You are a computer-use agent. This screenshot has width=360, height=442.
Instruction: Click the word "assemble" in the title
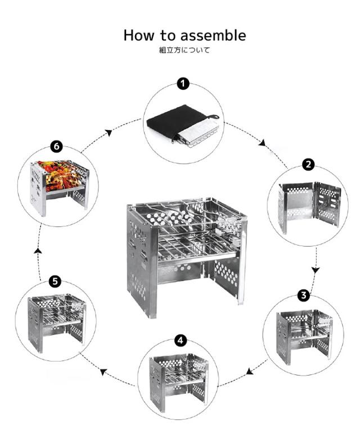click(x=213, y=36)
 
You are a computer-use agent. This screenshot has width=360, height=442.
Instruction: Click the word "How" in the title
click(x=139, y=36)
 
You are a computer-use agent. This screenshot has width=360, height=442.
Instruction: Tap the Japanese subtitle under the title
click(x=185, y=51)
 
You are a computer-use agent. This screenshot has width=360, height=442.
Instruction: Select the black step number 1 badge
click(x=183, y=84)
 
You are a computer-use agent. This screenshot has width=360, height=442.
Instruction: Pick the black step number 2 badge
click(x=308, y=164)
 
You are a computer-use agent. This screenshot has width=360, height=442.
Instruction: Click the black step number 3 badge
click(x=304, y=295)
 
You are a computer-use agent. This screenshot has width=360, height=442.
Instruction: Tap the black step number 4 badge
click(x=181, y=340)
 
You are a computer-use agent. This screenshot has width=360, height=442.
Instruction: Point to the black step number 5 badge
click(x=55, y=282)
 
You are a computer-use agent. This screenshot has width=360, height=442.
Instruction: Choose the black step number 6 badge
click(x=57, y=146)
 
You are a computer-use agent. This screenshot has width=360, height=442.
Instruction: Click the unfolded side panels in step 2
click(x=309, y=207)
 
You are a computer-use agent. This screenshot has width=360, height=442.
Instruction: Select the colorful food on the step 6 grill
click(x=61, y=175)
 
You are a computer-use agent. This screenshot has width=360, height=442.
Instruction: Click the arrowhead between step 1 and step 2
click(x=263, y=142)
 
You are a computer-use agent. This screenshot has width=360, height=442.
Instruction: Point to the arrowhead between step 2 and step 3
click(x=316, y=270)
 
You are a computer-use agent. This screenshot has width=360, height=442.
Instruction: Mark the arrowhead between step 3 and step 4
click(x=249, y=372)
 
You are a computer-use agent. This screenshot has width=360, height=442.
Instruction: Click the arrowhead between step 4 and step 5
click(x=103, y=372)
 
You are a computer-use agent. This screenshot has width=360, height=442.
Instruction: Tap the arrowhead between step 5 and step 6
click(x=38, y=251)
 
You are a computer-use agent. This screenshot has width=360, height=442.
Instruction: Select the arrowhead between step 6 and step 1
click(x=109, y=132)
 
